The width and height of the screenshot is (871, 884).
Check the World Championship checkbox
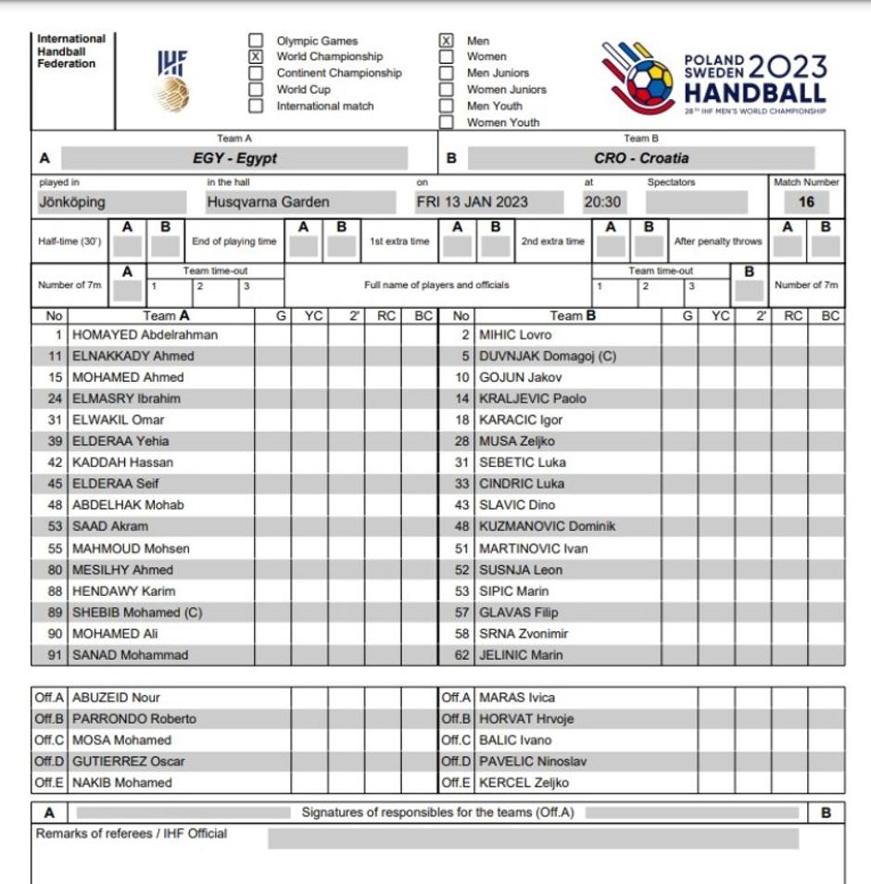pos(256,57)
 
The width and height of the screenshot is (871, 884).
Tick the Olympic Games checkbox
pos(256,41)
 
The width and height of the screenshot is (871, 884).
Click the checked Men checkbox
pos(446,41)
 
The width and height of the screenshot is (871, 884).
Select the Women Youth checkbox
pos(446,122)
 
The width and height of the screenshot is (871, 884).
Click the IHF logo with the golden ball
pos(171,81)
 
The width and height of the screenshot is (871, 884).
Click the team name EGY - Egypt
pos(234,158)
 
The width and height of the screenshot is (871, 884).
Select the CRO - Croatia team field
pos(641,158)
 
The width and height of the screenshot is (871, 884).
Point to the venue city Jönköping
pos(72,202)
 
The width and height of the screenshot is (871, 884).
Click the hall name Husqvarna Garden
pos(268,202)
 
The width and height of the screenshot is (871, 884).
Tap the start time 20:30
pos(602,202)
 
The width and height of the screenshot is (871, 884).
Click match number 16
pos(806,202)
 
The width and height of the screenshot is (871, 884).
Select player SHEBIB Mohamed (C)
pos(137,612)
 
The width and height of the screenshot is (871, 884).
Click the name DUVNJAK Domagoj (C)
pos(548,356)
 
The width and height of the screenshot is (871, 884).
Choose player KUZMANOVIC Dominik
pos(547,526)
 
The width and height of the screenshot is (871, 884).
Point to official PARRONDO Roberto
pos(134,719)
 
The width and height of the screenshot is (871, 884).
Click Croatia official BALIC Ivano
pos(515,740)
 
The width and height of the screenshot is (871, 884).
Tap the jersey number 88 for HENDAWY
pos(55,591)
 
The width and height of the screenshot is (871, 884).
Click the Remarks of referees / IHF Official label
pos(132,834)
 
